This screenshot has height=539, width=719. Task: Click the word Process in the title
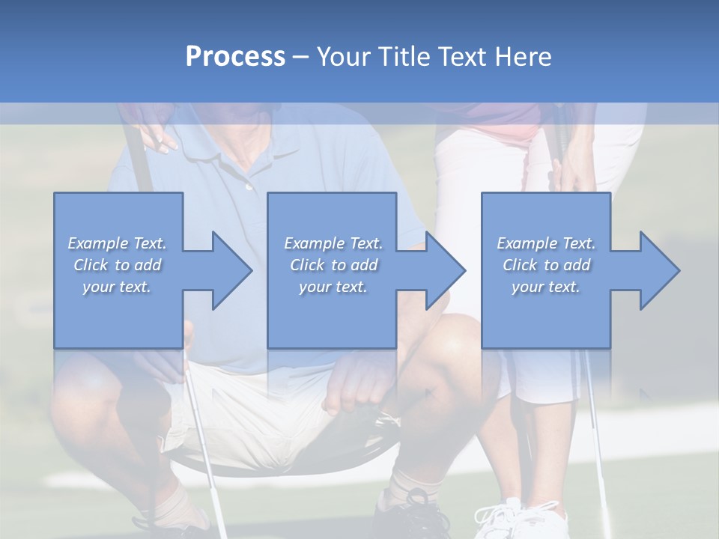[x=235, y=56]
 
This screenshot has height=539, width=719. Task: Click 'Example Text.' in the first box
[x=117, y=243]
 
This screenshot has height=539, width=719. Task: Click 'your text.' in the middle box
[x=333, y=287]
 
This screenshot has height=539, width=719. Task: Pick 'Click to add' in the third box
[x=547, y=265]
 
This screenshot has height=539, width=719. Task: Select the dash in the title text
[x=301, y=57]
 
